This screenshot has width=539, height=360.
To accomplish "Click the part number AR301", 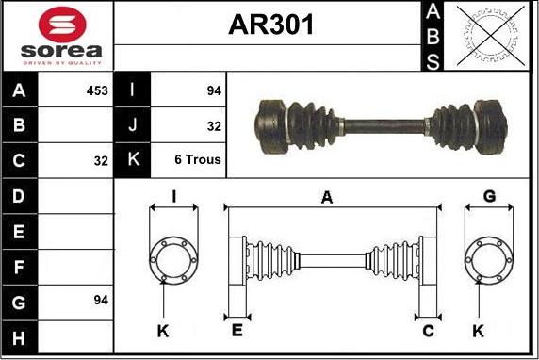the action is click(270, 25).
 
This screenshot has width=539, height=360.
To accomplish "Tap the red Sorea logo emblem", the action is click(62, 25).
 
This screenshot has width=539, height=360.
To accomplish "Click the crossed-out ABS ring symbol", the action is click(491, 36).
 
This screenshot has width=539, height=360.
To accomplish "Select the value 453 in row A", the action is click(97, 90).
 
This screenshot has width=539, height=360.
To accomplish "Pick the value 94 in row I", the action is click(214, 90).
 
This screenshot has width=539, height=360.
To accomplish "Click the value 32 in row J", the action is click(214, 126).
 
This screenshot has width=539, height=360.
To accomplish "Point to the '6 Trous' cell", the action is click(198, 159).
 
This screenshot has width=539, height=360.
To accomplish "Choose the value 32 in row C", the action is click(101, 161).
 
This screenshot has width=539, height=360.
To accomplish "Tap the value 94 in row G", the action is click(101, 300).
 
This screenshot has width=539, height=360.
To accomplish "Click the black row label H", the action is click(19, 337).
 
